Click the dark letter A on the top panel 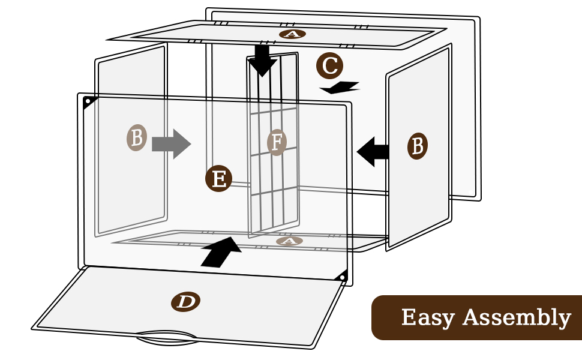pos(292,34)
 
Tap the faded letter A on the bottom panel pos(289,241)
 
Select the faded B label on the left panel pos(137,138)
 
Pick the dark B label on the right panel pos(418,146)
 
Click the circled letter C pos(330,66)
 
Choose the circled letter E pos(219,179)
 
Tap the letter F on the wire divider pos(277,143)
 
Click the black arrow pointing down pos(262,59)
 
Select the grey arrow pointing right pos(171,145)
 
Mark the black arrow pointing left pos(373,151)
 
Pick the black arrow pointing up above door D pos(221,251)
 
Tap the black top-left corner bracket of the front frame pos(89,103)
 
